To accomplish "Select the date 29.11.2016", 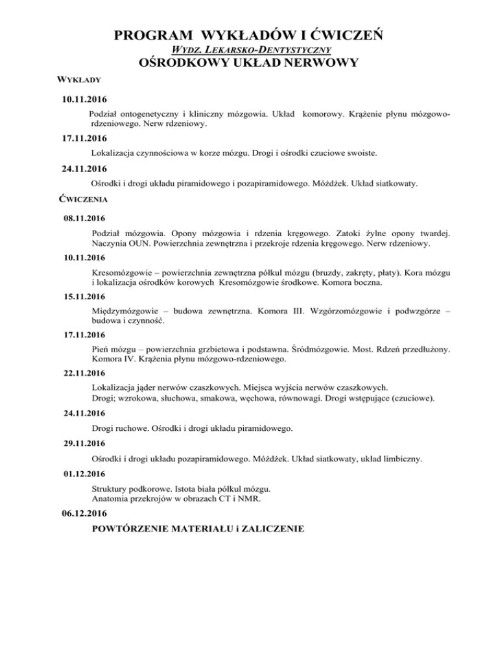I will click(79, 444).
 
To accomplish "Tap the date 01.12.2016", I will click(79, 474).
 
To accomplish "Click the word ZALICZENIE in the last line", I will click(267, 529).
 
